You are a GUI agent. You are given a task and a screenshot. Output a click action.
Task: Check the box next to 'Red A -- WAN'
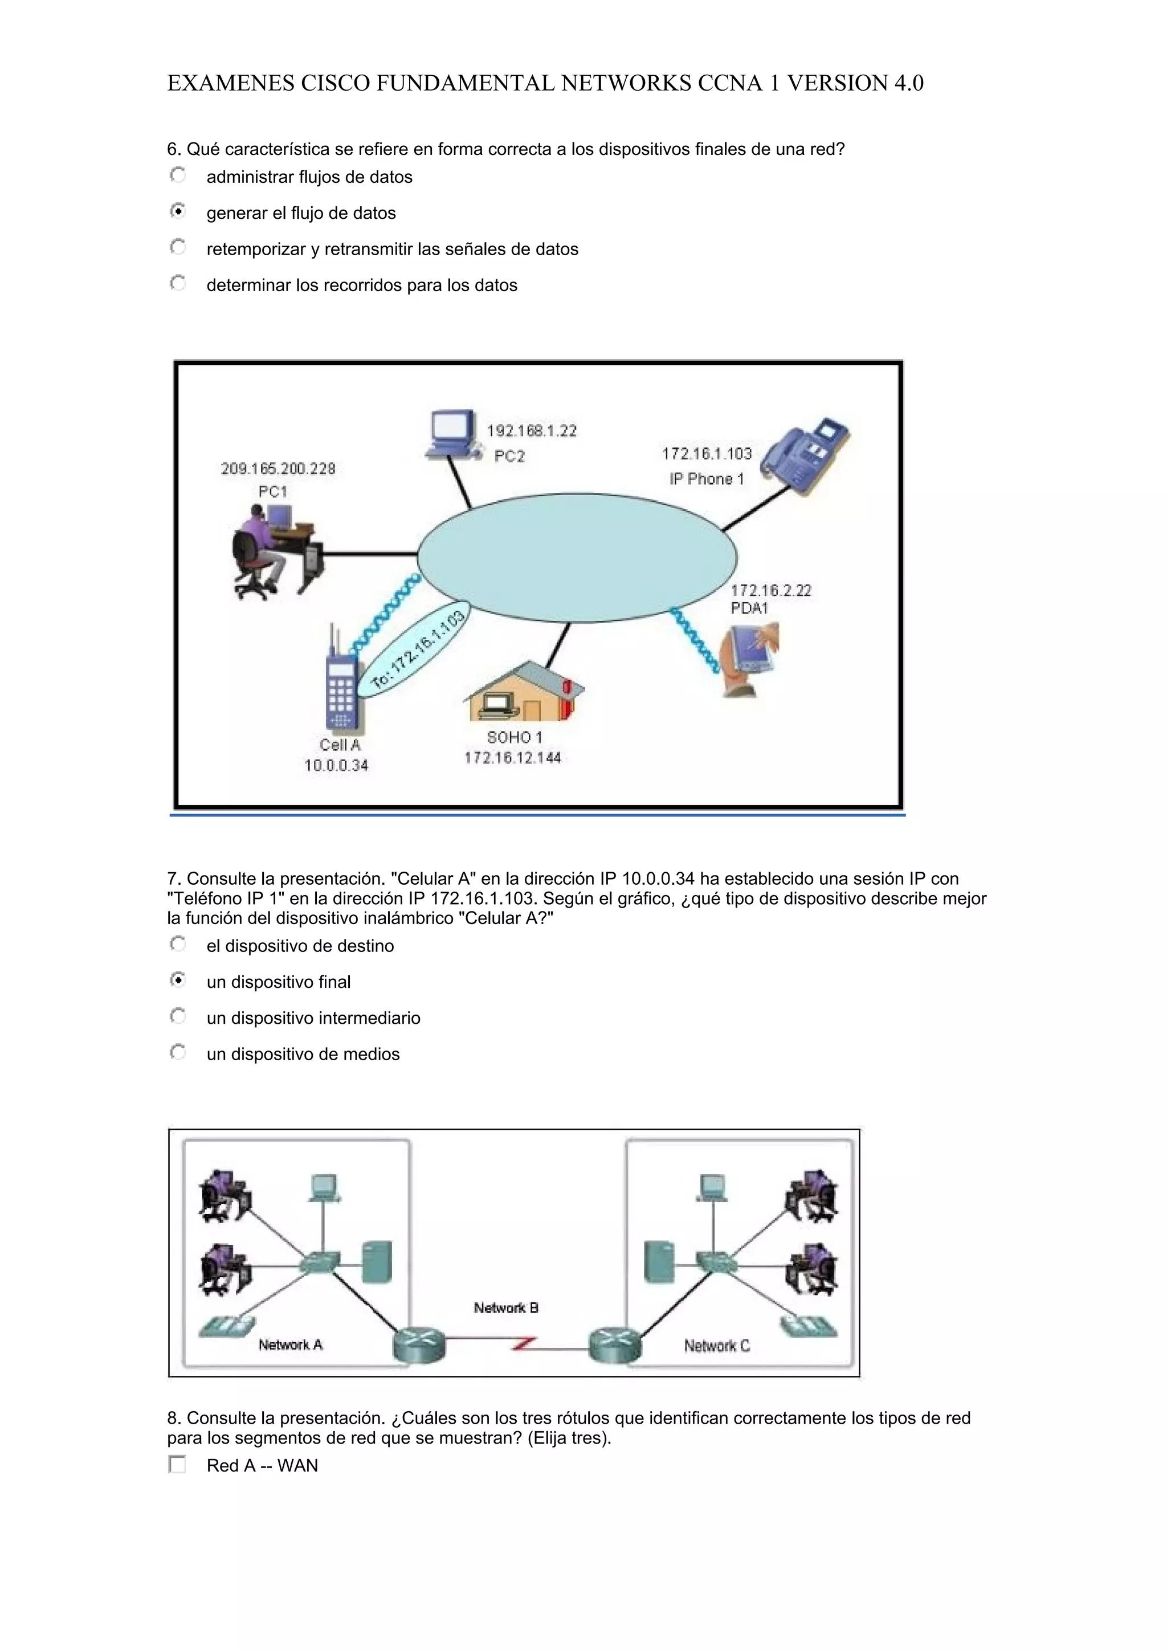pyautogui.click(x=177, y=1464)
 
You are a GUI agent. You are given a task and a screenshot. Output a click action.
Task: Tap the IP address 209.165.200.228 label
pyautogui.click(x=278, y=469)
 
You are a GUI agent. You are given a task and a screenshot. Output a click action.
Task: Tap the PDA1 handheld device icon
pyautogui.click(x=752, y=656)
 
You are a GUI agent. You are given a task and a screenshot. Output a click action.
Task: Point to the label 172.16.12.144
pyautogui.click(x=513, y=758)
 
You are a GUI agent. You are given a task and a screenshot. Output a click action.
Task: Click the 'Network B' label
pyautogui.click(x=506, y=1308)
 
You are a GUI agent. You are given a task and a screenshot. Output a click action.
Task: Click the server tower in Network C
pyautogui.click(x=659, y=1261)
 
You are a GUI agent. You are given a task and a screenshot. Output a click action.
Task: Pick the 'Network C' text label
pyautogui.click(x=717, y=1346)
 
